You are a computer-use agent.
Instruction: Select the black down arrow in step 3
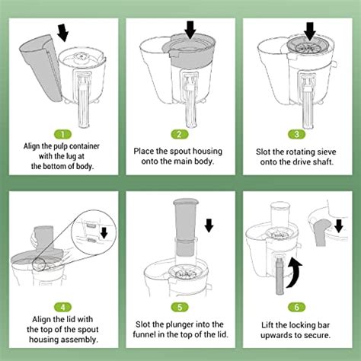[309, 30]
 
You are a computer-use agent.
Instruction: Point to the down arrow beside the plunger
[209, 226]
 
